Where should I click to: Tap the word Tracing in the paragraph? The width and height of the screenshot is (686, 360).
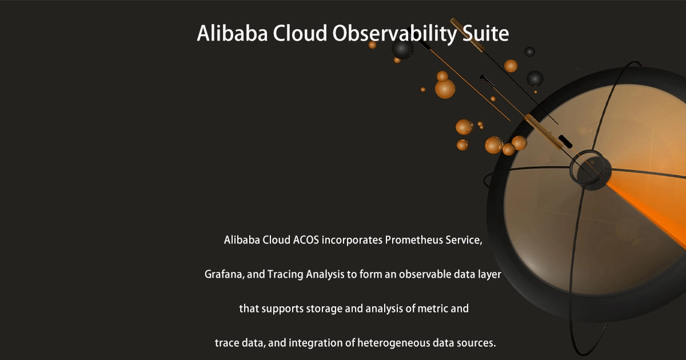click(x=285, y=274)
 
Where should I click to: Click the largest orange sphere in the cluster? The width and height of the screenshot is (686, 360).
click(x=445, y=89)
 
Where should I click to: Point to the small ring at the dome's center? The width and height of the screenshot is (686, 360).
click(x=586, y=165)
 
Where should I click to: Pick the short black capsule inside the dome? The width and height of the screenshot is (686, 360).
click(x=565, y=139)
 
